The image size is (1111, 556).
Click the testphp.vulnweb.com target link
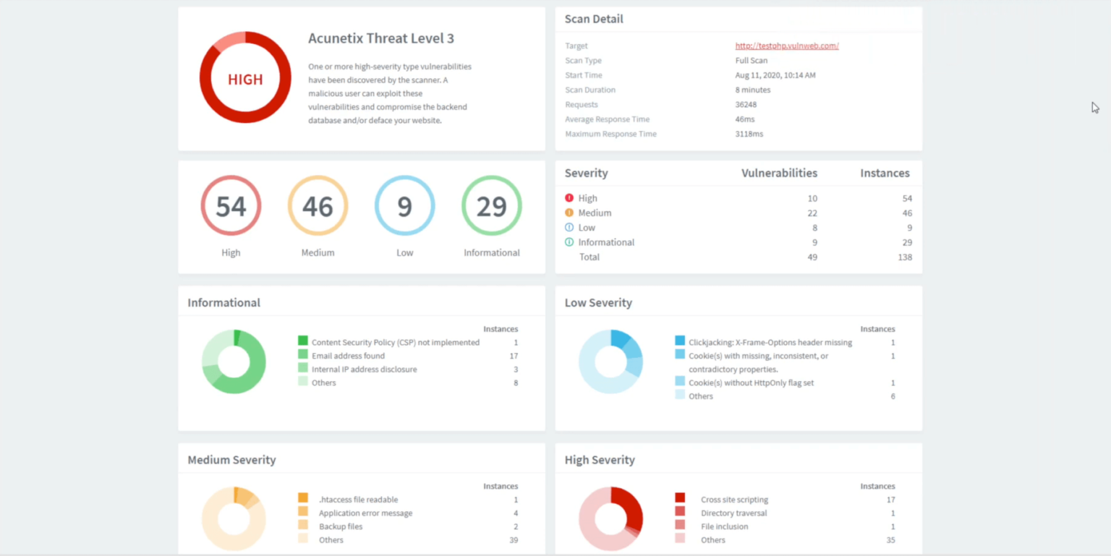point(787,46)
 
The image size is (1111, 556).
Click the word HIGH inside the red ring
point(245,80)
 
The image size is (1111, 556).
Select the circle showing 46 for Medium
point(318,206)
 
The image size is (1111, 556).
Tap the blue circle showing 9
point(404,206)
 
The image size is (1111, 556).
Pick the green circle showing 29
point(491,206)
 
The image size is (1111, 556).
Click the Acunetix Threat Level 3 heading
point(381,38)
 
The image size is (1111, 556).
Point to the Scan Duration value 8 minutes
point(753,90)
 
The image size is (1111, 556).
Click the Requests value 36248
point(746,104)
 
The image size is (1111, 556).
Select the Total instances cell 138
point(904,257)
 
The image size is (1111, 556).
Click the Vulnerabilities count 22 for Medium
point(812,213)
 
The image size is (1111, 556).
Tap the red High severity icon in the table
point(569,197)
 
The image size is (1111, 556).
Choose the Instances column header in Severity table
point(885,173)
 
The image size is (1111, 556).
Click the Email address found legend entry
point(348,356)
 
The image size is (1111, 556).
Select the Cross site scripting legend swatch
point(680,499)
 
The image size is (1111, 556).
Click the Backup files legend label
point(341,526)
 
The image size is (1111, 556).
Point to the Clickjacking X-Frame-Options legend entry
point(770,342)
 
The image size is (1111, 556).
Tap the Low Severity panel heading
point(598,302)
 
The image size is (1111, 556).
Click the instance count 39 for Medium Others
point(514,540)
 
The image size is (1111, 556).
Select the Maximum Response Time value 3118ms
point(749,134)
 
